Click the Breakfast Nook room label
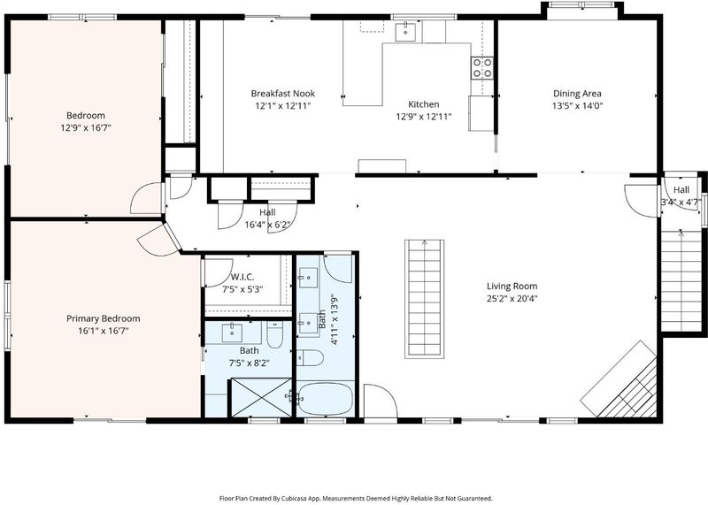282,94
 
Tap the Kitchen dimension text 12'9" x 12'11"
424,117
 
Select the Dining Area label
577,94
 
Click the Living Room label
512,286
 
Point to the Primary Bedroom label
103,318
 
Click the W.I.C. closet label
242,277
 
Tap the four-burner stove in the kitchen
482,68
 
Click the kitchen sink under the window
405,31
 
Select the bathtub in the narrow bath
325,399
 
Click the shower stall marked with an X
261,398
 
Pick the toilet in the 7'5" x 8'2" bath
274,334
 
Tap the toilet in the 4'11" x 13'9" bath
311,358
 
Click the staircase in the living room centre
425,299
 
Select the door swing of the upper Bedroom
146,198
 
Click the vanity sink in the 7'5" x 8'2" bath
232,333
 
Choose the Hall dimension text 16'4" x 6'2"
267,225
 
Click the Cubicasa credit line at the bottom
356,498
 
